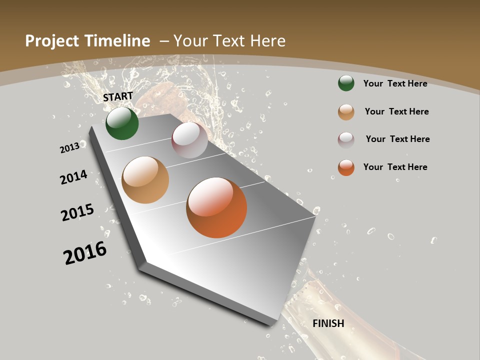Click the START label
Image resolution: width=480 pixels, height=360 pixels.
(x=118, y=96)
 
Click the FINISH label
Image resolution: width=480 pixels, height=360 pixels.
(x=328, y=323)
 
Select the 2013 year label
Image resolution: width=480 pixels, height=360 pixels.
(x=69, y=147)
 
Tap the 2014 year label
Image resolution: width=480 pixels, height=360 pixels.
(x=73, y=177)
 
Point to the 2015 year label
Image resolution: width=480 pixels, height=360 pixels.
(x=77, y=212)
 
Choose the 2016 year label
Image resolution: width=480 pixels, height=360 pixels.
(x=85, y=253)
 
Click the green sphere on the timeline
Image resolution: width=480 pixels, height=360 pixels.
(x=122, y=123)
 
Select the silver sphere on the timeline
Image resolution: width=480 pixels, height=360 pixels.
(x=189, y=140)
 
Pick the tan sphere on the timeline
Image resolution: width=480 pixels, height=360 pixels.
(x=145, y=180)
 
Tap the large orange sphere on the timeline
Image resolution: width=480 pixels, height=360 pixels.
(x=216, y=207)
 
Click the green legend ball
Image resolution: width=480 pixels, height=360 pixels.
(x=346, y=83)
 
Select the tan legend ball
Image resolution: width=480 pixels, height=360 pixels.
(x=346, y=112)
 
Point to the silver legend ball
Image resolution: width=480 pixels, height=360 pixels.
(x=346, y=140)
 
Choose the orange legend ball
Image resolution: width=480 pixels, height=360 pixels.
(x=346, y=167)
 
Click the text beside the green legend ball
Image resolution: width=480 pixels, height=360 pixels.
(x=395, y=83)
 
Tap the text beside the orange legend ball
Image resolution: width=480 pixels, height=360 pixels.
(x=395, y=167)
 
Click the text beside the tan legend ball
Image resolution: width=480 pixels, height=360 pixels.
(x=396, y=111)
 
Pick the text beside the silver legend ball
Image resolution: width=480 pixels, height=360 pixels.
(x=397, y=139)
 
